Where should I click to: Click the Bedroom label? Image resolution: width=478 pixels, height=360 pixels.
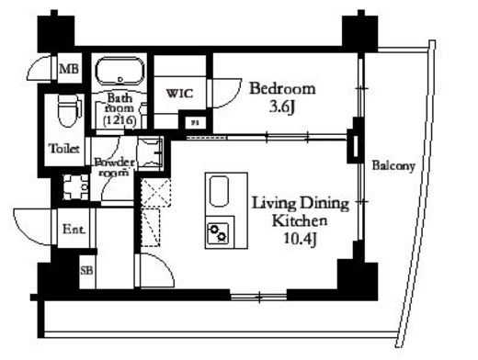pyautogui.click(x=282, y=89)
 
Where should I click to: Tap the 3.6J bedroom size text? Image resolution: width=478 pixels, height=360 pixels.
pyautogui.click(x=282, y=107)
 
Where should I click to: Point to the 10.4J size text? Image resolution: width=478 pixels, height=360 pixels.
pyautogui.click(x=300, y=239)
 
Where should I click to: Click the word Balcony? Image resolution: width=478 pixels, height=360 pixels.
pyautogui.click(x=393, y=166)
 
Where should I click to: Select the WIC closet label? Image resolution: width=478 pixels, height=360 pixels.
pyautogui.click(x=179, y=93)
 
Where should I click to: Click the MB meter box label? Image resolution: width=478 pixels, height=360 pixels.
pyautogui.click(x=69, y=69)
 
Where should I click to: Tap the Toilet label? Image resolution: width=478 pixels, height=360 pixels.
pyautogui.click(x=64, y=149)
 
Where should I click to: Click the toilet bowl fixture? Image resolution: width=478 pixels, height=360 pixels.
pyautogui.click(x=69, y=110)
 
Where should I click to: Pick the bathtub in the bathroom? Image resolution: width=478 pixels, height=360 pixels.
pyautogui.click(x=120, y=71)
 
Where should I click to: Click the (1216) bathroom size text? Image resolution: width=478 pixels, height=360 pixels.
pyautogui.click(x=119, y=120)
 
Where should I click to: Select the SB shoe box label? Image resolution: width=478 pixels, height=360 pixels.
pyautogui.click(x=86, y=270)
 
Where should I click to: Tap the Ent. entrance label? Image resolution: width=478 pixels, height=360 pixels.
pyautogui.click(x=74, y=229)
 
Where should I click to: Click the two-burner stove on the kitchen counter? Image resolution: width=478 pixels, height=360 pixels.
pyautogui.click(x=218, y=232)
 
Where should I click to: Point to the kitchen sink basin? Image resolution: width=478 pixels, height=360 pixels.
pyautogui.click(x=219, y=191)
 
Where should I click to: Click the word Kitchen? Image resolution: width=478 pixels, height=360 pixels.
pyautogui.click(x=300, y=220)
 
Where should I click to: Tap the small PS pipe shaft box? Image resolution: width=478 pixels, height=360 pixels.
pyautogui.click(x=194, y=123)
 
